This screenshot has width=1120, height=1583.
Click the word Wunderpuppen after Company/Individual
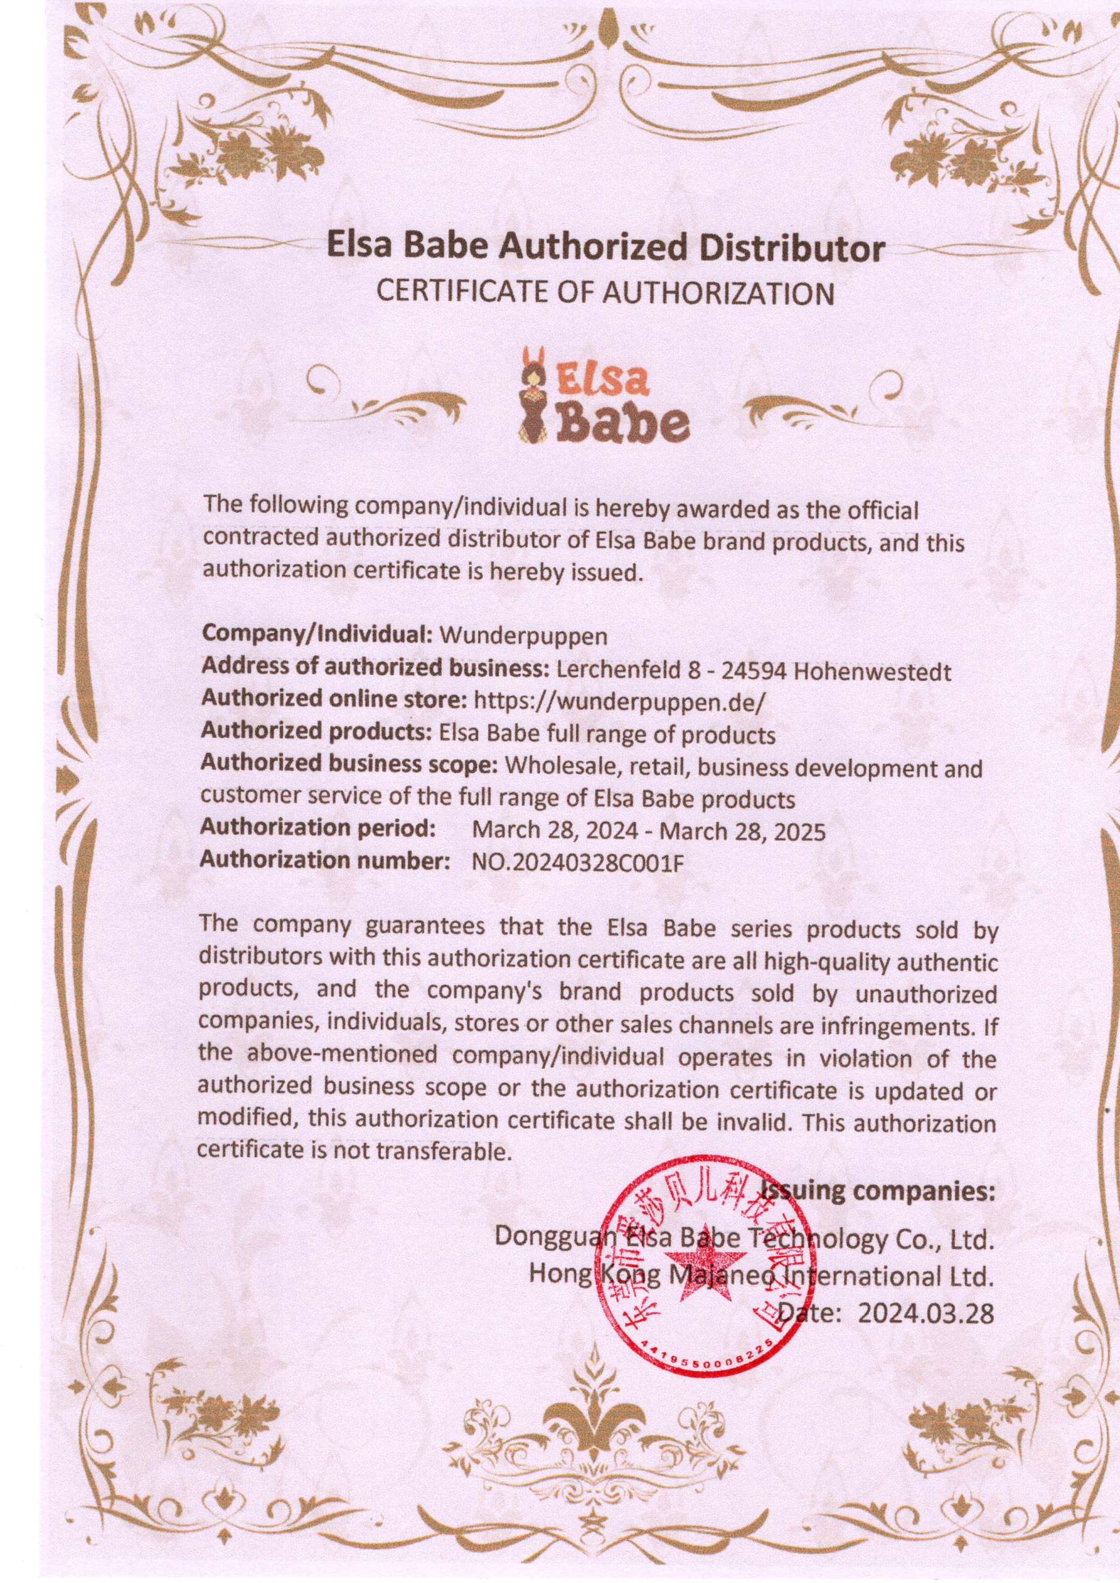click(524, 635)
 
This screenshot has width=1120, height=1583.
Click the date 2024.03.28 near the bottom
click(926, 1314)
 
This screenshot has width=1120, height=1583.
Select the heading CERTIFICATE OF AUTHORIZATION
click(603, 293)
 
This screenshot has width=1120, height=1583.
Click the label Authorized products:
click(315, 732)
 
